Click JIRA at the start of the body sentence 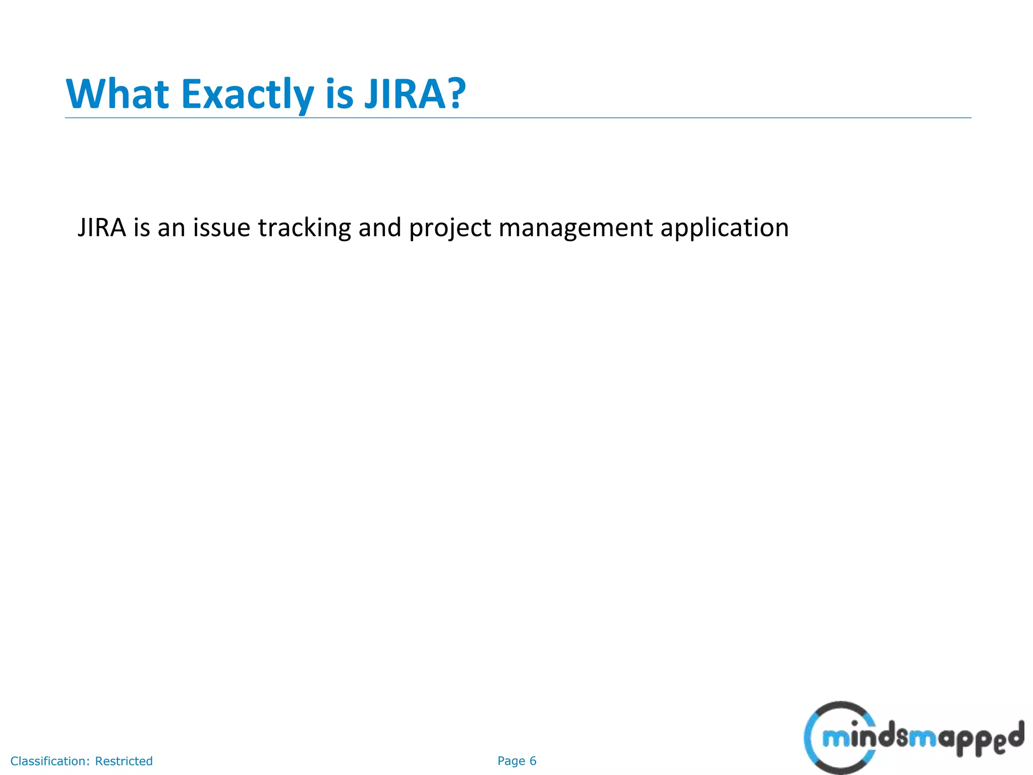pyautogui.click(x=101, y=228)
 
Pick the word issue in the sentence pyautogui.click(x=221, y=228)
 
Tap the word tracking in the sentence pyautogui.click(x=304, y=228)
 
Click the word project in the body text pyautogui.click(x=449, y=228)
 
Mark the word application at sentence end pyautogui.click(x=724, y=228)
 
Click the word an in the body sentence pyautogui.click(x=171, y=228)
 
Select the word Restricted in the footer pyautogui.click(x=124, y=761)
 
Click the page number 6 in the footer pyautogui.click(x=533, y=761)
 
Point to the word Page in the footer pyautogui.click(x=511, y=761)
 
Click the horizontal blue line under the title pyautogui.click(x=518, y=118)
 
